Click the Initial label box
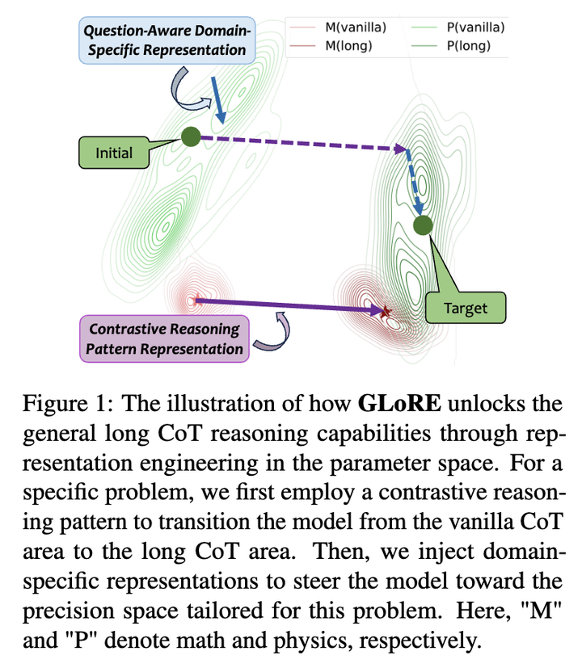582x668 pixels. pyautogui.click(x=114, y=153)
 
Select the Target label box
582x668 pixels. pyautogui.click(x=466, y=308)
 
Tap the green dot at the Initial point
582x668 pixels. pyautogui.click(x=191, y=137)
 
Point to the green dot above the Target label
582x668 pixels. pyautogui.click(x=423, y=225)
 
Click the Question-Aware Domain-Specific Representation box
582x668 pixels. pyautogui.click(x=167, y=40)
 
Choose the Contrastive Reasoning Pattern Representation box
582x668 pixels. pyautogui.click(x=165, y=338)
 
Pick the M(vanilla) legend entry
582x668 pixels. pyautogui.click(x=338, y=27)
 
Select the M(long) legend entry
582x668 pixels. pyautogui.click(x=331, y=45)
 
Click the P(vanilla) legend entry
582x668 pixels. pyautogui.click(x=458, y=27)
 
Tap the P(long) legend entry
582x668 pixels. pyautogui.click(x=451, y=45)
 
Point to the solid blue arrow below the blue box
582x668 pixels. pyautogui.click(x=218, y=99)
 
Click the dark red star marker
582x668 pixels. pyautogui.click(x=386, y=312)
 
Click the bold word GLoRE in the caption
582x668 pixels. pyautogui.click(x=399, y=403)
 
